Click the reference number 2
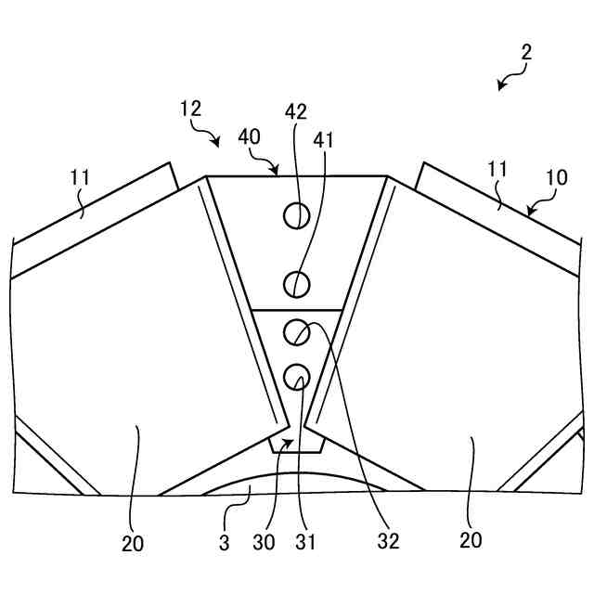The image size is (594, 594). (x=526, y=53)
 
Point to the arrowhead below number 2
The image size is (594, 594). (x=501, y=86)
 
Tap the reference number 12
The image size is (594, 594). (x=190, y=109)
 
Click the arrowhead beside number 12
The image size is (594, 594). (x=216, y=143)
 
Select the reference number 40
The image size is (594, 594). (x=249, y=136)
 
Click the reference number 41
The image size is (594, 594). (x=324, y=139)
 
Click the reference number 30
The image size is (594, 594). (x=264, y=541)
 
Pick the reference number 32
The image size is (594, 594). (x=389, y=541)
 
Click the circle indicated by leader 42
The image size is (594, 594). (x=296, y=215)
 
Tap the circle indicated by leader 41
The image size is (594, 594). (x=296, y=282)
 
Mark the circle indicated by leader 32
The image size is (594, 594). (x=297, y=330)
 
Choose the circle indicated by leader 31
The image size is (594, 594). (x=297, y=376)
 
